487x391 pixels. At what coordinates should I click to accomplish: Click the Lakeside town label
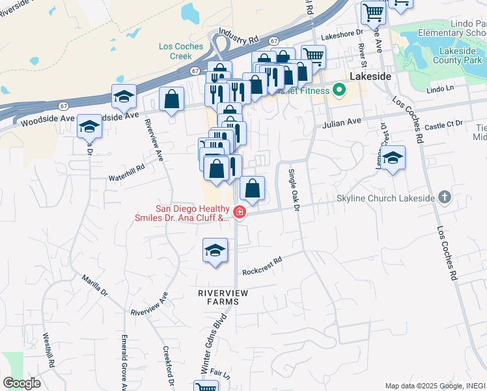(370, 76)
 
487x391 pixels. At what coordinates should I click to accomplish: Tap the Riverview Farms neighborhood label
(223, 298)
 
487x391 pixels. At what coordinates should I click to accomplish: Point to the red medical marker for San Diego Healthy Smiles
(239, 212)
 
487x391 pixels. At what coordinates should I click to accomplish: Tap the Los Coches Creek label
(180, 51)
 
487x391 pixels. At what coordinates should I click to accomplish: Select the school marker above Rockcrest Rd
(216, 250)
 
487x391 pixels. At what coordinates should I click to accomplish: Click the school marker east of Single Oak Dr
(393, 158)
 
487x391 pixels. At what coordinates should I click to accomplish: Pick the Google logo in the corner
(21, 383)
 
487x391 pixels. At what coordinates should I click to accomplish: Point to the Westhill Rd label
(48, 352)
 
